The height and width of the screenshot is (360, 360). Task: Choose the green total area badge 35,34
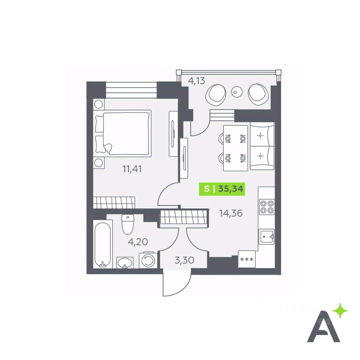point(222,189)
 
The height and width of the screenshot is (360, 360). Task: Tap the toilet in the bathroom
point(128,224)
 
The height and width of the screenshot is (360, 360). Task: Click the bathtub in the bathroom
point(102,244)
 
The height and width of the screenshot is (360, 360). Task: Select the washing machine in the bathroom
point(147,260)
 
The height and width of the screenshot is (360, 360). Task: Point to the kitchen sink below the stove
point(266,236)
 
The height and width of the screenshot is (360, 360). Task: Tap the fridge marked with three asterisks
point(246,259)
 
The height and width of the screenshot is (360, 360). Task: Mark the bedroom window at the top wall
point(131,90)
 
